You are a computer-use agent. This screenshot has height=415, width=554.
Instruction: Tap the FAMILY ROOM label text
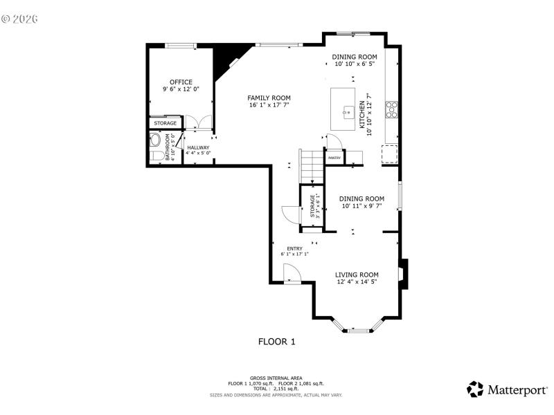click(269, 98)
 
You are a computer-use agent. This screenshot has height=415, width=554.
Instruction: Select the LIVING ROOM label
click(357, 275)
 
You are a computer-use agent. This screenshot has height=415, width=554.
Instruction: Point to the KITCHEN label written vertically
click(361, 114)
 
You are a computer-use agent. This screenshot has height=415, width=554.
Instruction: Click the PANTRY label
click(334, 158)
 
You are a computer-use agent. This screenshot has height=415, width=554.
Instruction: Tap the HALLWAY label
click(198, 147)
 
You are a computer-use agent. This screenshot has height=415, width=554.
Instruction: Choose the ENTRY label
click(294, 248)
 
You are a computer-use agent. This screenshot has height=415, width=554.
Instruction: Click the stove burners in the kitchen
click(391, 110)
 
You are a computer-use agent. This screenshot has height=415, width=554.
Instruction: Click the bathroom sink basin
click(156, 140)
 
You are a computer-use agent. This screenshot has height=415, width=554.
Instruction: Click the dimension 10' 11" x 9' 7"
click(361, 205)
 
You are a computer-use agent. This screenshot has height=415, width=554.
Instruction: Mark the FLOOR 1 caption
click(277, 341)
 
